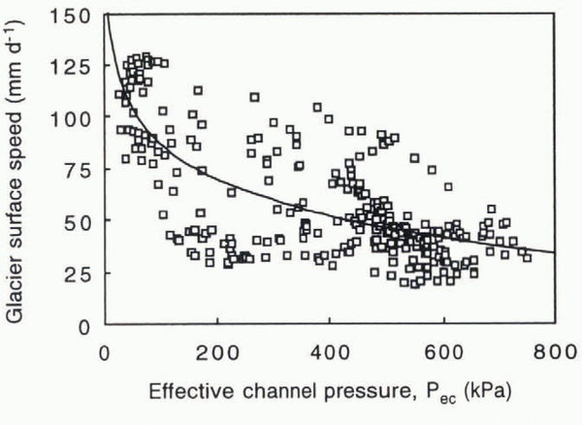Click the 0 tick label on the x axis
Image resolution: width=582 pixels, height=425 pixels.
pos(104,351)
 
